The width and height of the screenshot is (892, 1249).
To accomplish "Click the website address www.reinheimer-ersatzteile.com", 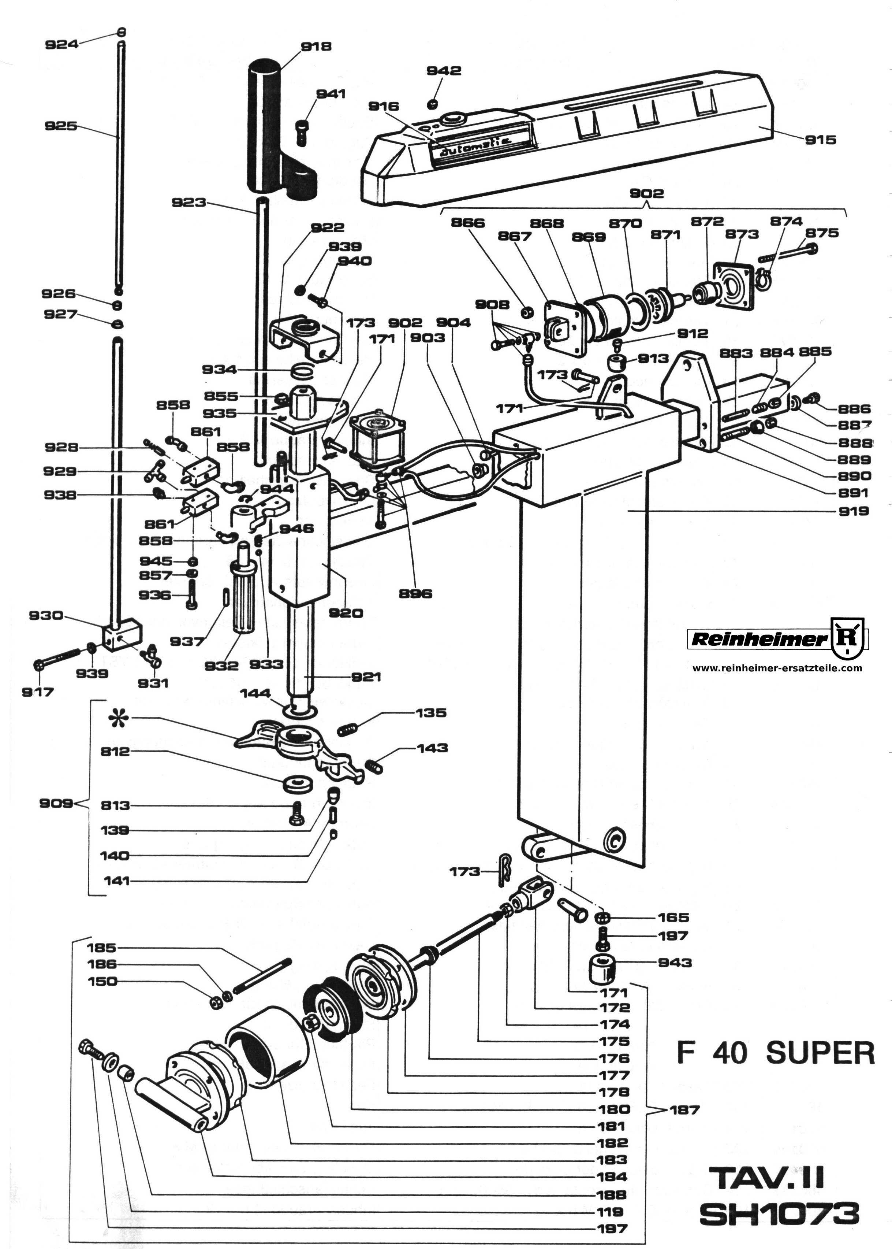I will [777, 668].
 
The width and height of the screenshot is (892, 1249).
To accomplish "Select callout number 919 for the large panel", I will [854, 511].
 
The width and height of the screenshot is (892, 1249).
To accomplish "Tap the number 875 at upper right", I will [822, 233].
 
